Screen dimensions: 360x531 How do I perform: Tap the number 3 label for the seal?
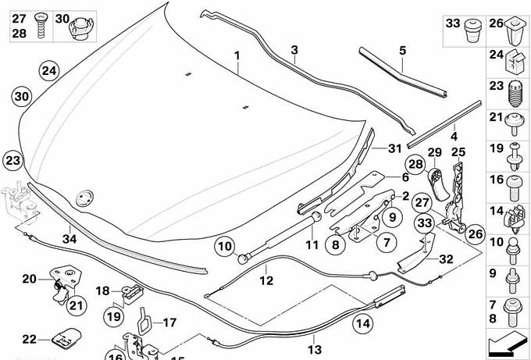click(x=294, y=50)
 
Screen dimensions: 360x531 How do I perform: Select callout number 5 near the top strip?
click(x=402, y=51)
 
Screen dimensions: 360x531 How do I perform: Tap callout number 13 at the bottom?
click(x=315, y=349)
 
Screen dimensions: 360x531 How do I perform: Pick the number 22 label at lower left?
click(x=29, y=339)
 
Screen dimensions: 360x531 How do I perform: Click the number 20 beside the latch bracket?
click(x=29, y=279)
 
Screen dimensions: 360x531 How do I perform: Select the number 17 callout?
click(x=169, y=321)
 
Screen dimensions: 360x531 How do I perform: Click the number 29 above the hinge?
click(x=435, y=151)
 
